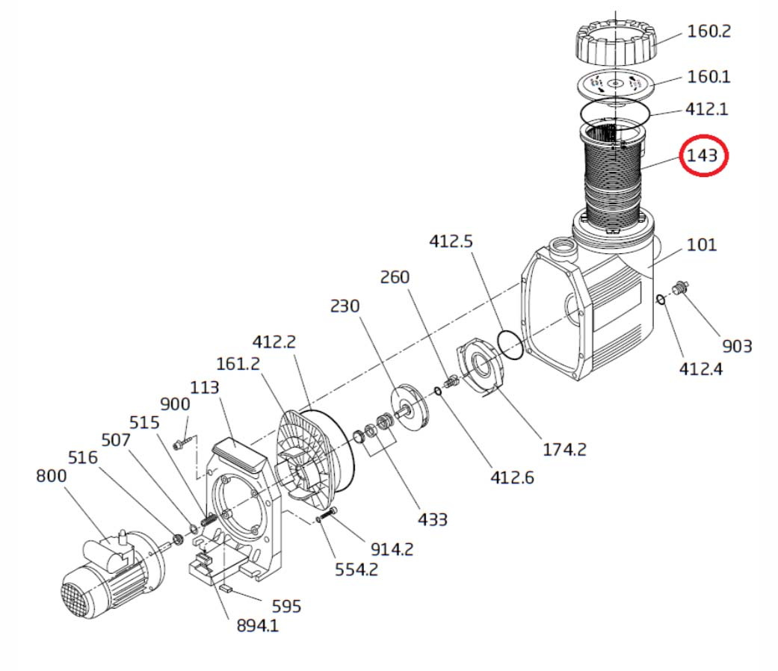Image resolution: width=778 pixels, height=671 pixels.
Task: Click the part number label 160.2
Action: [x=708, y=31]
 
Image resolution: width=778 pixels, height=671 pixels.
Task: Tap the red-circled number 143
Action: [x=702, y=155]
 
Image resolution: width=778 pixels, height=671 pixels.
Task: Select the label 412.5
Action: [x=451, y=241]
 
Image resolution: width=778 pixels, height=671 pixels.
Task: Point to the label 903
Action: [x=737, y=346]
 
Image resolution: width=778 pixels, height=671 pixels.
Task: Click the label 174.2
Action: [x=564, y=449]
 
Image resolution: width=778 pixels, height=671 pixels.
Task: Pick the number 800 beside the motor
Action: [x=51, y=475]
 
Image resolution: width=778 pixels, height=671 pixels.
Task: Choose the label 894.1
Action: [x=258, y=625]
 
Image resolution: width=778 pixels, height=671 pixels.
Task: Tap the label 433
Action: [x=433, y=519]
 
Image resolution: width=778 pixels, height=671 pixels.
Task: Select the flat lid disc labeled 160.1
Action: [x=615, y=84]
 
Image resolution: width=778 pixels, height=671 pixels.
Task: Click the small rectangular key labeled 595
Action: [x=226, y=589]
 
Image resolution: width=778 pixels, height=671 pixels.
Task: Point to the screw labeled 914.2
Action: [x=327, y=515]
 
